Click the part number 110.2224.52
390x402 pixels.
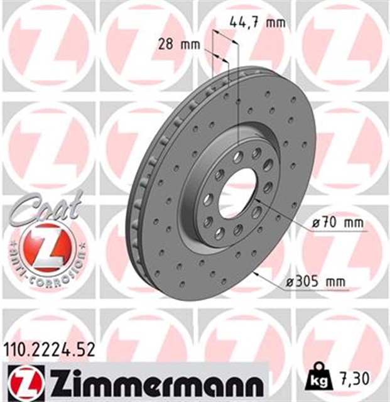[x=50, y=350]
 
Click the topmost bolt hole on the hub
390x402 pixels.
[x=239, y=154]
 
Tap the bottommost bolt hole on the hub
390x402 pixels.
[x=220, y=234]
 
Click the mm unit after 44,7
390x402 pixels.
[x=275, y=23]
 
